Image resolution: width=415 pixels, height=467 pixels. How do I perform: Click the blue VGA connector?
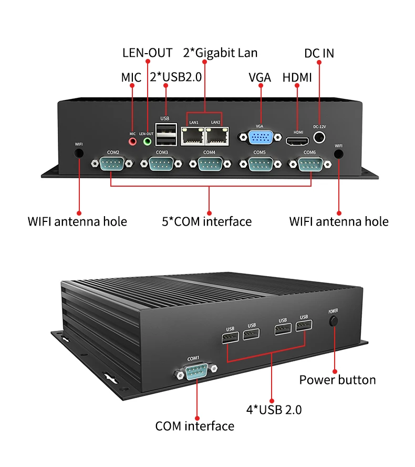click(261, 137)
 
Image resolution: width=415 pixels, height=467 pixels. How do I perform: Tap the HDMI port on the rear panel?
click(297, 141)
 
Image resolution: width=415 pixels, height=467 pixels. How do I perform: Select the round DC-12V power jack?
click(319, 137)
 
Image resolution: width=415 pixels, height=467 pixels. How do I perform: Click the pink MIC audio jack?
click(132, 141)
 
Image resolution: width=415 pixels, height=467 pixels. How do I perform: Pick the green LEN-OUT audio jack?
click(147, 141)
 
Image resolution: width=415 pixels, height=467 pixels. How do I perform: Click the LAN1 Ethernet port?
click(192, 136)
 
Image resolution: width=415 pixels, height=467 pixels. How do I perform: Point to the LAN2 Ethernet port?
click(217, 136)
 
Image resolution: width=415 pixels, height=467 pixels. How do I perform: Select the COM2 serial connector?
click(112, 164)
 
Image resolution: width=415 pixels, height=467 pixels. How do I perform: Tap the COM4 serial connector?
click(210, 164)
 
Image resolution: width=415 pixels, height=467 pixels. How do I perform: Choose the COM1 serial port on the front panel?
click(196, 371)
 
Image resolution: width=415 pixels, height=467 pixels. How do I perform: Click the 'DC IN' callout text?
click(319, 53)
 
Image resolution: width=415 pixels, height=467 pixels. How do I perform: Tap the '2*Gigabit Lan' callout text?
click(220, 53)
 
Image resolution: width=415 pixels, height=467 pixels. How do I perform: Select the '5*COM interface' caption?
click(207, 221)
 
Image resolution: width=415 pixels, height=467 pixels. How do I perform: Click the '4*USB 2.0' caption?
click(274, 410)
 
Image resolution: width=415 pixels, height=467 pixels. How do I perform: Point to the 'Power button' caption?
click(337, 380)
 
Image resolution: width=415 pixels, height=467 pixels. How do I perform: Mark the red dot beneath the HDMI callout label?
click(297, 86)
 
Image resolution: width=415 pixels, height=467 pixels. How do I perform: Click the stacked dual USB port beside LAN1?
click(166, 134)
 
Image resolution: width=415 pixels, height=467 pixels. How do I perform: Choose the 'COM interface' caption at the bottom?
click(195, 426)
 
